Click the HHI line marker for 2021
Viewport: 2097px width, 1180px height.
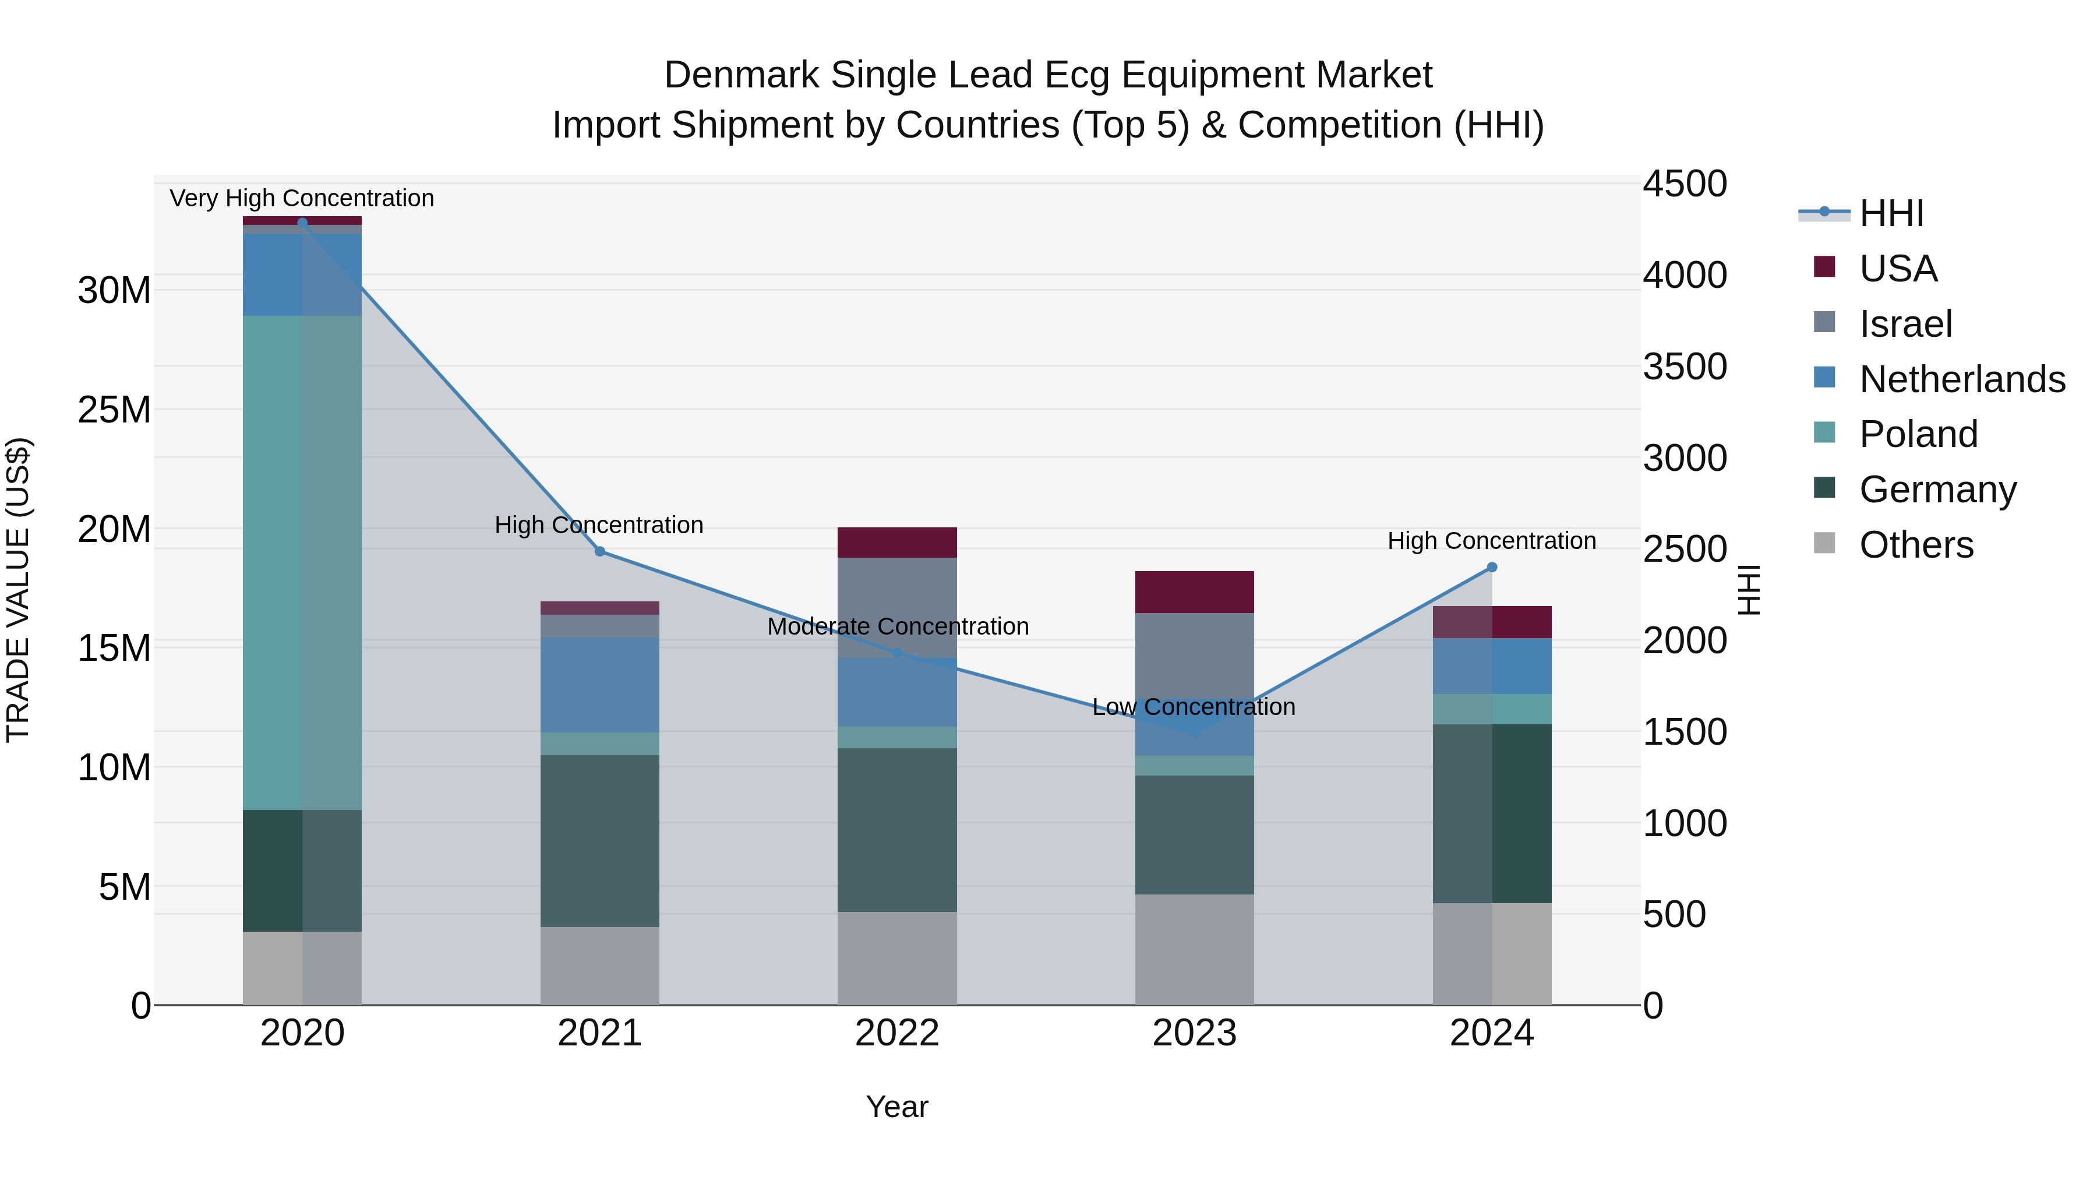pos(600,551)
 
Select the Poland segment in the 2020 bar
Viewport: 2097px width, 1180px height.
pos(302,562)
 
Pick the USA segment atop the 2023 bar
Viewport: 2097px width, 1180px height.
pos(1194,592)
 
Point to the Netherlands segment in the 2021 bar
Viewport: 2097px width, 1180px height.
pos(600,684)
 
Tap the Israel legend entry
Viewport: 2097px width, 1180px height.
pos(1905,324)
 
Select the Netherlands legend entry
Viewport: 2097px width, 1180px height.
pos(1962,379)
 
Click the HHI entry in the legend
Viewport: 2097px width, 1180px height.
pos(1890,213)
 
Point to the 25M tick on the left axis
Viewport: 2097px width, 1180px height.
pos(114,410)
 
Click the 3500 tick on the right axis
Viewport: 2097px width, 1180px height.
pos(1684,367)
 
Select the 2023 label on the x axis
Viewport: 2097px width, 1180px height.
pos(1194,1033)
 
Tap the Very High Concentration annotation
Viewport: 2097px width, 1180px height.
pos(302,198)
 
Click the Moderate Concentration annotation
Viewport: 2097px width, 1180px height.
pos(897,626)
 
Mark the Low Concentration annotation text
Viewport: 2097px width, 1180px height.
pos(1194,707)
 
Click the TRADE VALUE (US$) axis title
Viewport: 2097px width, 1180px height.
pos(18,590)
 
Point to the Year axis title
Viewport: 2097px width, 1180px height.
pos(897,1107)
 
